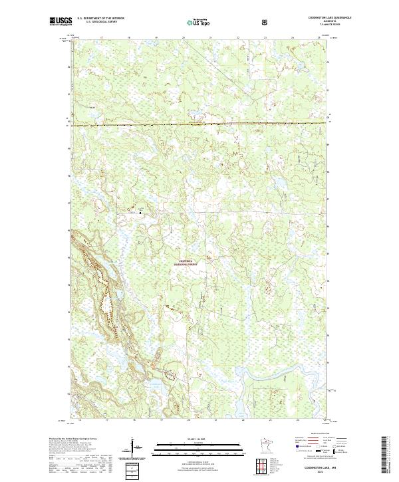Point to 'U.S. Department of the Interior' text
pyautogui.click(x=101, y=19)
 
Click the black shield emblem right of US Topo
pyautogui.click(x=266, y=22)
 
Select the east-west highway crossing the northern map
pyautogui.click(x=199, y=123)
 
